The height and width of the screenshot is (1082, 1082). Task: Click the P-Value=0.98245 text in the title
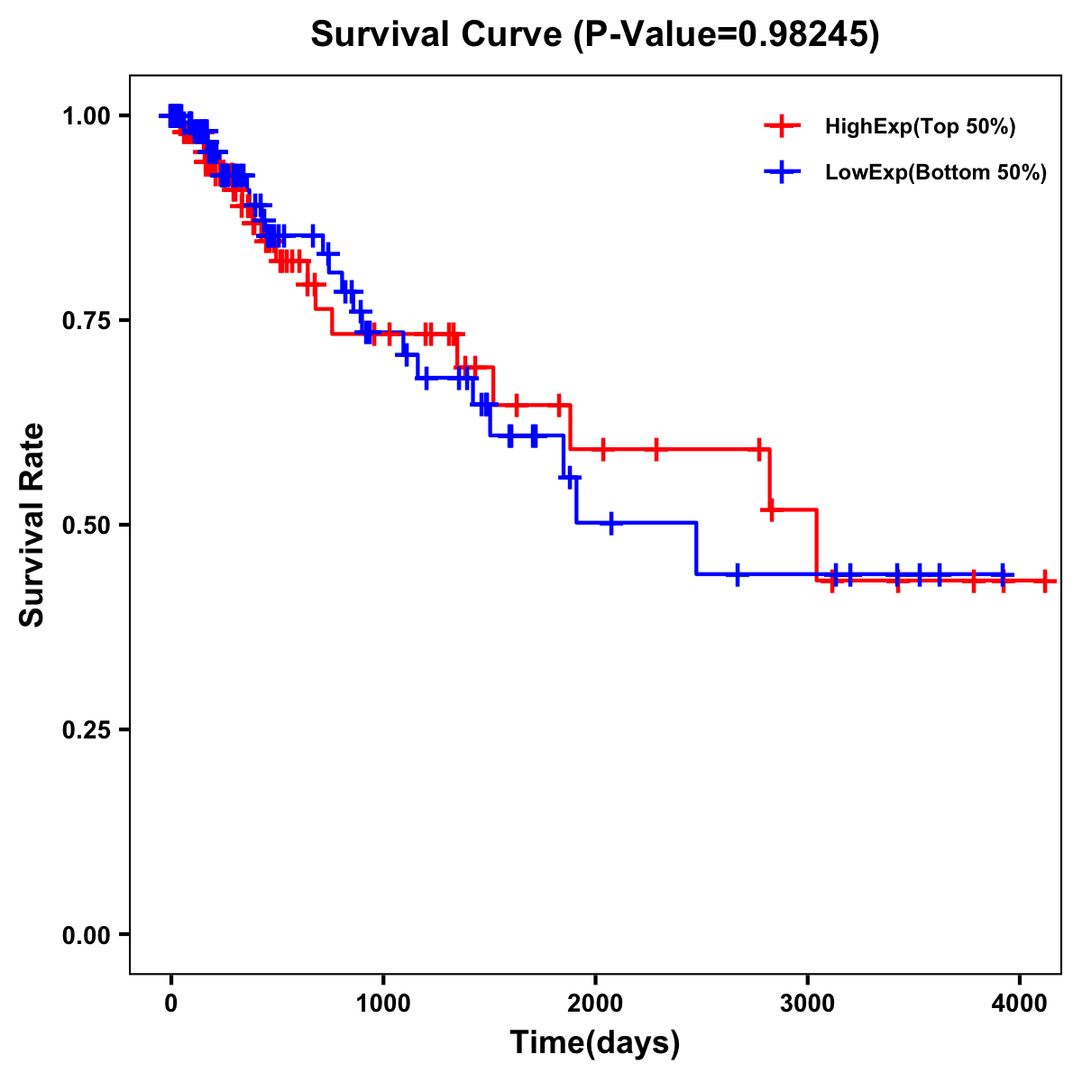728,35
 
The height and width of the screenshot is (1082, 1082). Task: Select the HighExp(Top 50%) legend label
920,127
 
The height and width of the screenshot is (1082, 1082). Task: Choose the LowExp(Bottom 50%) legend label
936,173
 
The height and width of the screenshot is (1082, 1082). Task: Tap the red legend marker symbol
782,126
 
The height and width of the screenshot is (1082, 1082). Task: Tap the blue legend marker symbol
782,172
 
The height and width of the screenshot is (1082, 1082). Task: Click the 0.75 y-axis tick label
87,320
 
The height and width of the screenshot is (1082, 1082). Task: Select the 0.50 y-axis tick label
87,525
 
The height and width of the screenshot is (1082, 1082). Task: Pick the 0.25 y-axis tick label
87,729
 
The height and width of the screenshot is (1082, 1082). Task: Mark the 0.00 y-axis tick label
87,934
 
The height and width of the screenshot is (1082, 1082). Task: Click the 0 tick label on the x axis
170,1004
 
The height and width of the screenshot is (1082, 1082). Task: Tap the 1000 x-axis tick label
382,1004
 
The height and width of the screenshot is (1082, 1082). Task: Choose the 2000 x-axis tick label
595,1004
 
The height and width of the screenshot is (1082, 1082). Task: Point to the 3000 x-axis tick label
807,1004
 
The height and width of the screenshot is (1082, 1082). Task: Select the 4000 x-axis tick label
1019,1004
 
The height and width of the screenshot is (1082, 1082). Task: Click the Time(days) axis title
595,1043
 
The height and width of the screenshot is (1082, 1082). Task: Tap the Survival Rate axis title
32,525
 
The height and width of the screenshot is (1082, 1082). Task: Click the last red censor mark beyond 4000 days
1044,581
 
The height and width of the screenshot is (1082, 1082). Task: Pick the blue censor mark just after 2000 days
611,522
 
